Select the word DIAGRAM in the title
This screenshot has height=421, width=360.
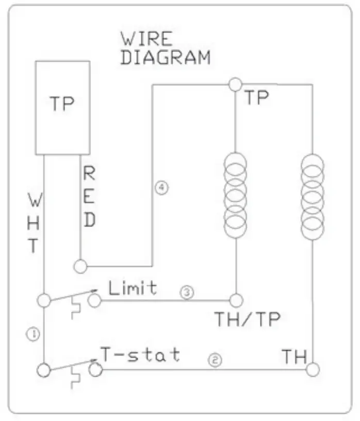click(165, 57)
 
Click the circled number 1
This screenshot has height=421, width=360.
click(32, 334)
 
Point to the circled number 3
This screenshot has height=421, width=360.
click(187, 293)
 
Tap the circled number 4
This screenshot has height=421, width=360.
click(161, 188)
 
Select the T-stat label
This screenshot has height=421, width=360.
click(140, 354)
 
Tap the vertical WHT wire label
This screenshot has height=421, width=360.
click(33, 223)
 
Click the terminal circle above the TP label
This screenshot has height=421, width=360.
click(235, 84)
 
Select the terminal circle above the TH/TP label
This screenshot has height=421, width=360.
click(236, 299)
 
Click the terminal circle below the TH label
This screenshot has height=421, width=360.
click(313, 369)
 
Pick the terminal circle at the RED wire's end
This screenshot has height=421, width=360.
click(80, 266)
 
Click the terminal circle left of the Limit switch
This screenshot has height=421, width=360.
click(44, 300)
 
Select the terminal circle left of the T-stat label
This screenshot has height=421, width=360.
click(44, 369)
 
